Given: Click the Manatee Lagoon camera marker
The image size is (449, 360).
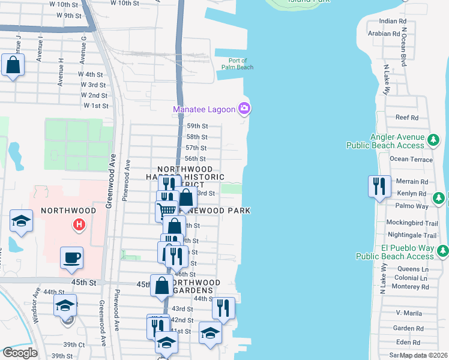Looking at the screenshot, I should (244, 109).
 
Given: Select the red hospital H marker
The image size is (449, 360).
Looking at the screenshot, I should (77, 225).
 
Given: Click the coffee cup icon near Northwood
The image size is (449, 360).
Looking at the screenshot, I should (71, 258).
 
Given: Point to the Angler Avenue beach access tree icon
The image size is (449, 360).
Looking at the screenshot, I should (433, 141).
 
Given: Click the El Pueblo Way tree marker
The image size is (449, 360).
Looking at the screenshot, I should (442, 251).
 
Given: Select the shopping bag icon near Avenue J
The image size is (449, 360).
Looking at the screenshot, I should (13, 65).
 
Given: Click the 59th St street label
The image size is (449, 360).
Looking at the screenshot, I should (196, 126).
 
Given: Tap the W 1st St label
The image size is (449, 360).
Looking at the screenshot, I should (96, 106).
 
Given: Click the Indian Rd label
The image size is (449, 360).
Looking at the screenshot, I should (388, 21).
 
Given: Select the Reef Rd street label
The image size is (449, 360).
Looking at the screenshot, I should (406, 118).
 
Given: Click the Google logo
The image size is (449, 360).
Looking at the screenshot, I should (20, 353).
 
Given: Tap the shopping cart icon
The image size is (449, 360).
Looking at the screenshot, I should (167, 209).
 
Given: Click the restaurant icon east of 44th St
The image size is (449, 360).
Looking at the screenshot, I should (223, 308).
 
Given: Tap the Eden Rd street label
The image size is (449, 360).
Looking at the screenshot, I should (408, 342).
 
